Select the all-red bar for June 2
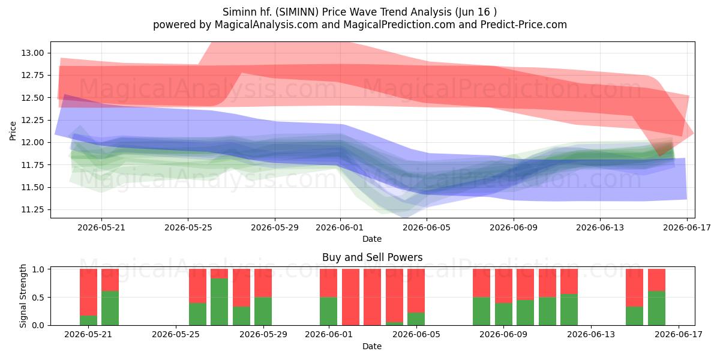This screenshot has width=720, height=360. (x=350, y=297)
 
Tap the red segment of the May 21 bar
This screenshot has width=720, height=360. (x=88, y=292)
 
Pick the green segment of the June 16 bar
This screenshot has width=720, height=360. (x=656, y=308)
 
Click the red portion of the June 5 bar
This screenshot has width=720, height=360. (x=416, y=290)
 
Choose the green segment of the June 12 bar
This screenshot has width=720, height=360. (x=569, y=310)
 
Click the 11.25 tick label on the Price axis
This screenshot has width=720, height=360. (x=32, y=210)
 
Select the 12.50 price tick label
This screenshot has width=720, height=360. (x=32, y=98)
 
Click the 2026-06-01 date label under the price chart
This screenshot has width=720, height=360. (x=340, y=227)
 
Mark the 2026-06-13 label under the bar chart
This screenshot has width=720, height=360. (x=591, y=334)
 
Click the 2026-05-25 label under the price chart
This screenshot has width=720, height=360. (x=188, y=227)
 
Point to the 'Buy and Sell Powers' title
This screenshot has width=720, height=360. (x=372, y=257)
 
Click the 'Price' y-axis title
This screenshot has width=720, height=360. (x=13, y=131)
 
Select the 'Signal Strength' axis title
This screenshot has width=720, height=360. (x=23, y=296)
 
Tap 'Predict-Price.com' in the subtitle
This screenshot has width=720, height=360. (x=524, y=25)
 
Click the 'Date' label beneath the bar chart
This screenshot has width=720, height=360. (x=372, y=346)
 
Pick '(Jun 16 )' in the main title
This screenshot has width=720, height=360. (x=476, y=12)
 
